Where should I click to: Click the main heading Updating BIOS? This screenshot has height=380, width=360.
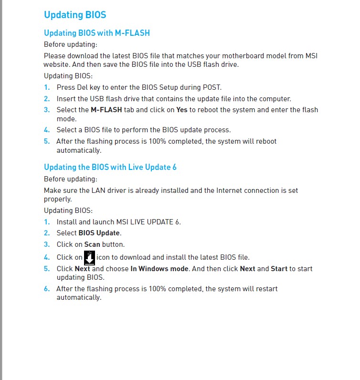pyautogui.click(x=75, y=15)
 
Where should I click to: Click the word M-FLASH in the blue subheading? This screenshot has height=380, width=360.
pyautogui.click(x=132, y=33)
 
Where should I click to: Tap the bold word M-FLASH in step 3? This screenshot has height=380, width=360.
pyautogui.click(x=106, y=110)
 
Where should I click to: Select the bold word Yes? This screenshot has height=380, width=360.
pyautogui.click(x=181, y=110)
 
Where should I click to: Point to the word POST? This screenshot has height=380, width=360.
pyautogui.click(x=212, y=87)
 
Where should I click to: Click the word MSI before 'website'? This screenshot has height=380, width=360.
pyautogui.click(x=311, y=56)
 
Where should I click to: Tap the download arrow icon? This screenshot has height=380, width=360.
pyautogui.click(x=89, y=257)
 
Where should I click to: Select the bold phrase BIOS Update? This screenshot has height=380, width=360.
pyautogui.click(x=99, y=233)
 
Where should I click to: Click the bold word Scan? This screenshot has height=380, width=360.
pyautogui.click(x=92, y=244)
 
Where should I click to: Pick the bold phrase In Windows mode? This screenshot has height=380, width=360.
pyautogui.click(x=159, y=269)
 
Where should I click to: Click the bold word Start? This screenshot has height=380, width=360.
pyautogui.click(x=279, y=269)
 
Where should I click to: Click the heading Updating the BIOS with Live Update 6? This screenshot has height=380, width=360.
pyautogui.click(x=110, y=167)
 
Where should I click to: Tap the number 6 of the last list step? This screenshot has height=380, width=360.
pyautogui.click(x=46, y=289)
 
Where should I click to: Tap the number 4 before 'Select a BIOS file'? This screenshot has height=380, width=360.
pyautogui.click(x=46, y=130)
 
